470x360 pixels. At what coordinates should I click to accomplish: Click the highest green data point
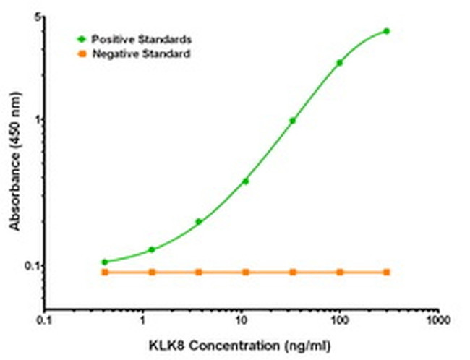pyautogui.click(x=386, y=31)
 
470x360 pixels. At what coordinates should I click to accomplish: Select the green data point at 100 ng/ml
pyautogui.click(x=339, y=63)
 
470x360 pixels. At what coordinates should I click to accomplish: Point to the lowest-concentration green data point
pyautogui.click(x=105, y=262)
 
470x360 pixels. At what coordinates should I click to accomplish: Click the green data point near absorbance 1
pyautogui.click(x=293, y=121)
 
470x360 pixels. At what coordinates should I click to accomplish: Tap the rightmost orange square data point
pyautogui.click(x=386, y=272)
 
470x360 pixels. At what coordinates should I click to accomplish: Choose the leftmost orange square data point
pyautogui.click(x=105, y=272)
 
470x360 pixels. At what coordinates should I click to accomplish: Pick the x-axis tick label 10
pyautogui.click(x=242, y=318)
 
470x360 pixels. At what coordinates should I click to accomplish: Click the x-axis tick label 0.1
pyautogui.click(x=46, y=318)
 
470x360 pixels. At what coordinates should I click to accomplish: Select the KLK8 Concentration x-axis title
pyautogui.click(x=241, y=343)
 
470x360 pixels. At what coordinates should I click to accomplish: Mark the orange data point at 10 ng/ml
pyautogui.click(x=246, y=272)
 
